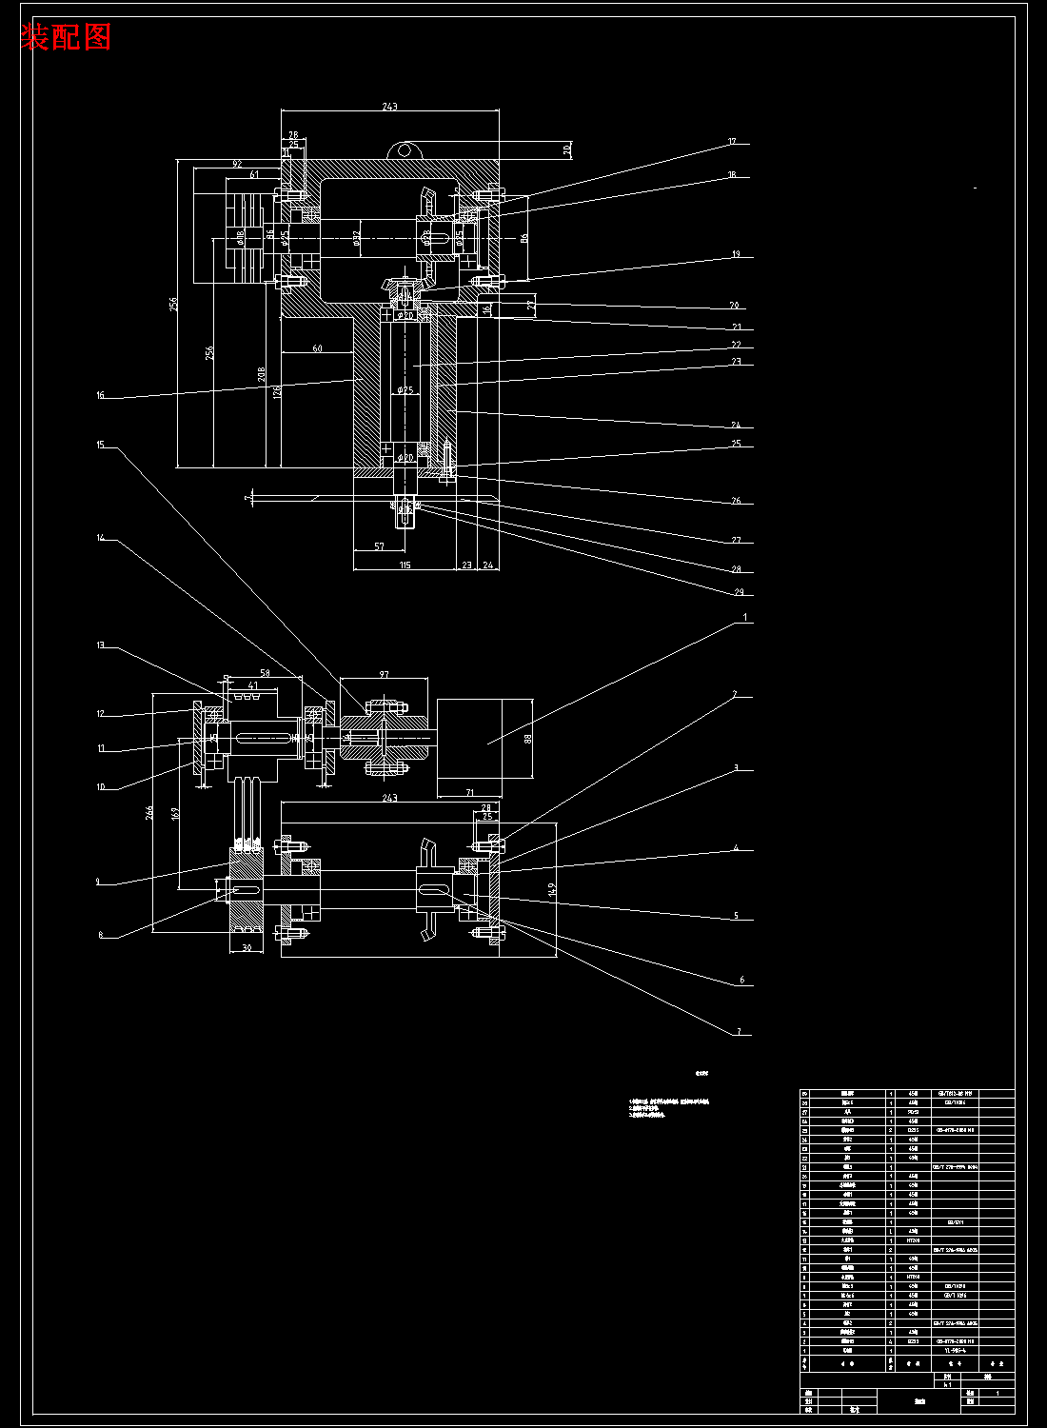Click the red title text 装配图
click(x=66, y=37)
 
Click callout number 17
click(x=732, y=143)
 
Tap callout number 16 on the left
click(x=100, y=395)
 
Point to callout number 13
click(x=100, y=645)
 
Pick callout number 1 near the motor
click(x=746, y=618)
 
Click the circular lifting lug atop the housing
click(x=405, y=150)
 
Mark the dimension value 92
click(x=237, y=165)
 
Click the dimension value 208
click(x=263, y=375)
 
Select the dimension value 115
click(x=405, y=565)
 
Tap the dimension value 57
click(x=379, y=546)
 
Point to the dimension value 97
click(x=384, y=675)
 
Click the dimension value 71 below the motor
click(x=469, y=792)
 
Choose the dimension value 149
click(x=553, y=889)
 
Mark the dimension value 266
click(x=149, y=812)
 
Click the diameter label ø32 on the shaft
click(x=356, y=236)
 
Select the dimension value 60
click(x=317, y=348)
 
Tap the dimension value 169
click(x=175, y=814)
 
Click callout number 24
click(x=736, y=426)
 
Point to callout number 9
click(x=97, y=882)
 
